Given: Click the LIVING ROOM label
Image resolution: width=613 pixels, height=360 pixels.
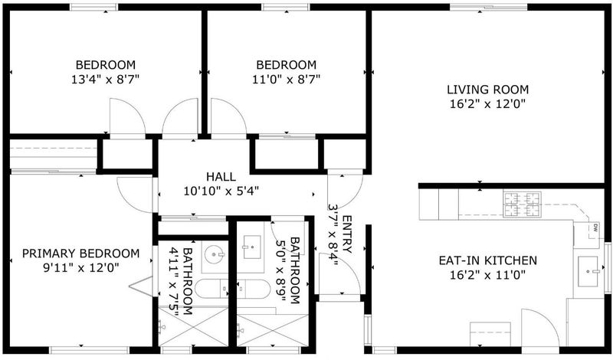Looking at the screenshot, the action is click(x=487, y=90).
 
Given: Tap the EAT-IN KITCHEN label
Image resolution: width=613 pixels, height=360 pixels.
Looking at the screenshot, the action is click(x=487, y=260).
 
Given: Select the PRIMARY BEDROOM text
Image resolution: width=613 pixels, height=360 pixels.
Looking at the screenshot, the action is click(x=80, y=254).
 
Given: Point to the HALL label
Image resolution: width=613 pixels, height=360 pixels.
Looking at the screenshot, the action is click(x=221, y=177).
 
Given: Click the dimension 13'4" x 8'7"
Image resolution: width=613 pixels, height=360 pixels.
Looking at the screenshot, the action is click(x=106, y=80).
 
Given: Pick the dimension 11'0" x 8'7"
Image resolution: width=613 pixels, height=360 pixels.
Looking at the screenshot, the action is click(x=286, y=80).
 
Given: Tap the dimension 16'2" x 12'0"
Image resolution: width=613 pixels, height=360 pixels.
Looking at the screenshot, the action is click(x=487, y=104).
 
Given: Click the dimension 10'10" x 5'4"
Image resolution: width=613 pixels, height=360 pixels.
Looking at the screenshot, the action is click(x=221, y=191).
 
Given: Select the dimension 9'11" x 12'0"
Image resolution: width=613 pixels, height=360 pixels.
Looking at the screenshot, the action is click(x=80, y=268).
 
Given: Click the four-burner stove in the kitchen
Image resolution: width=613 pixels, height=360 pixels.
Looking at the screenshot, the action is click(x=523, y=204).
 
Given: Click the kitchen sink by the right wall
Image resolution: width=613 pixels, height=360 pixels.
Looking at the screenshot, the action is click(x=588, y=271).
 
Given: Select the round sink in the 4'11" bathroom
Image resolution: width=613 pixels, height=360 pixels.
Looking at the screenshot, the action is click(x=215, y=254).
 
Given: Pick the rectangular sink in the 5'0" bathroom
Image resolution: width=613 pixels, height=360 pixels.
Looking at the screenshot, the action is click(x=252, y=247).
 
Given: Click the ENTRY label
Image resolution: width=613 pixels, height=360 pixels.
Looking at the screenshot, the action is click(x=347, y=234).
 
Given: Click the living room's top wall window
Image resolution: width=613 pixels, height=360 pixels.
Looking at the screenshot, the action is click(x=488, y=7).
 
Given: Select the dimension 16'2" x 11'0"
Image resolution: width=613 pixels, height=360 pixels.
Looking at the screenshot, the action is click(x=487, y=275).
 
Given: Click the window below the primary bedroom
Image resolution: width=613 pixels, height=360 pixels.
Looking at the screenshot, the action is click(x=90, y=350).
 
